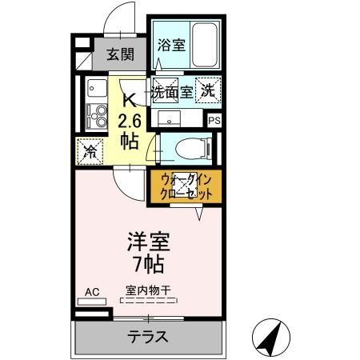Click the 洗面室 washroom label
[174, 92]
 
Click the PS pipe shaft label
[214, 121]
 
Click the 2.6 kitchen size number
[130, 122]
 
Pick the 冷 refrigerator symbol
[89, 150]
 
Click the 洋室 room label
[150, 241]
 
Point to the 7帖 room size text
[150, 263]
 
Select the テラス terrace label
[149, 337]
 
